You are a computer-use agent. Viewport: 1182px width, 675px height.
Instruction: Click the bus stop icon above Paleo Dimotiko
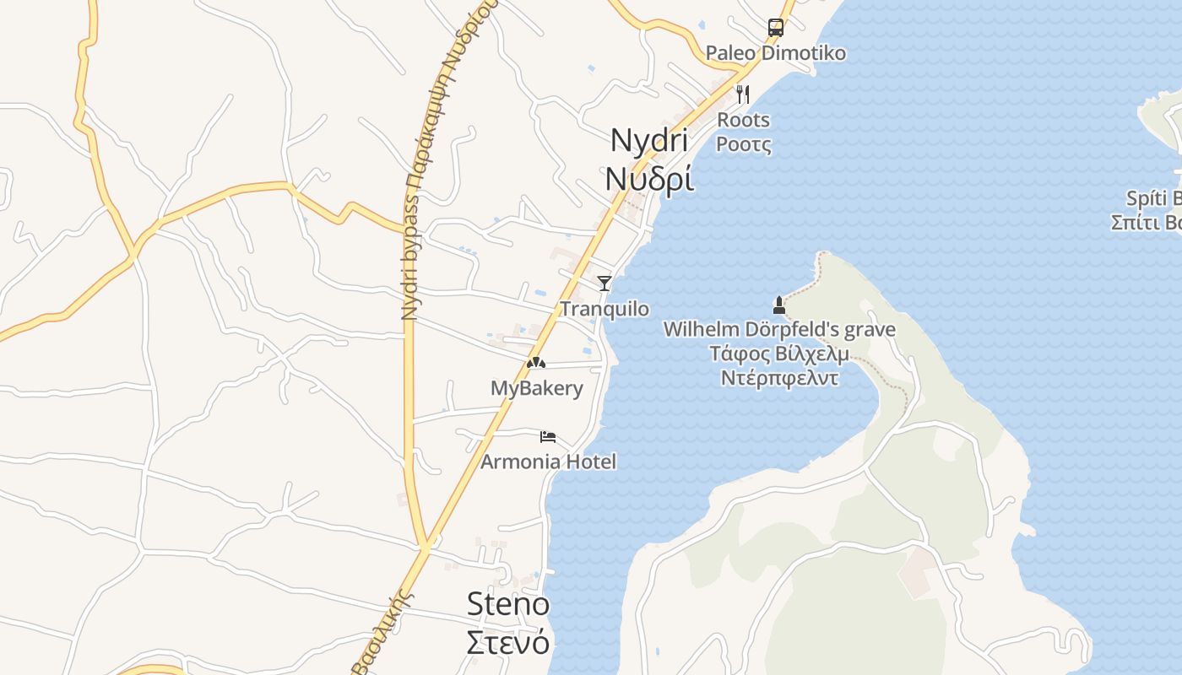pos(775,27)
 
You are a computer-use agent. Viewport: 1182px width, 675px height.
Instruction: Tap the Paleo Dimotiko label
pos(775,53)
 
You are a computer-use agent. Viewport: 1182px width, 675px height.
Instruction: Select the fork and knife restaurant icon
pos(743,94)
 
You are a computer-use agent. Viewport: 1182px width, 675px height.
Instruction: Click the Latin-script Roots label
pos(743,120)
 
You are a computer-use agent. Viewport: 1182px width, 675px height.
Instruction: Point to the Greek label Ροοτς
pos(743,144)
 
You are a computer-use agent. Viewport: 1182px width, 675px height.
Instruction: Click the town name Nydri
pos(648,139)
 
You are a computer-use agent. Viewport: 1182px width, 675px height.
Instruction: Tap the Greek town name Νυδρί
pos(649,179)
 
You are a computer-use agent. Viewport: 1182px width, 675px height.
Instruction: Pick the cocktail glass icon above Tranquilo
pos(604,283)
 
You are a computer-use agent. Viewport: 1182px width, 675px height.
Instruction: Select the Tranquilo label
pos(605,309)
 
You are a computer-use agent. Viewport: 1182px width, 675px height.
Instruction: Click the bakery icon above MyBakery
pos(536,363)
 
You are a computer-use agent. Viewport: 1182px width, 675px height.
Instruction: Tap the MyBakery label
pos(536,388)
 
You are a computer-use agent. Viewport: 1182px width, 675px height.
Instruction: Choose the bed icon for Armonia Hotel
pos(548,436)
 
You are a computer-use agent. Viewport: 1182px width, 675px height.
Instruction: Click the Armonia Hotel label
pos(548,462)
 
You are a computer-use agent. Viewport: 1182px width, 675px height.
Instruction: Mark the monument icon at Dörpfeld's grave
pos(779,305)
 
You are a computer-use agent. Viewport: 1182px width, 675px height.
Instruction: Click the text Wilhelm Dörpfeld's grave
pos(779,329)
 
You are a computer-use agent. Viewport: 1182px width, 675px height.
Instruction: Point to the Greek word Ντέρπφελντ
pos(779,377)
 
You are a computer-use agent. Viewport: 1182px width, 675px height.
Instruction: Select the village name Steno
pos(507,603)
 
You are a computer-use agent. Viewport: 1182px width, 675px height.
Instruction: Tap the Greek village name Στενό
pos(507,642)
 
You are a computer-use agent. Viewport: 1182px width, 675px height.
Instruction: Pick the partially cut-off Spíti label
pos(1153,198)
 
